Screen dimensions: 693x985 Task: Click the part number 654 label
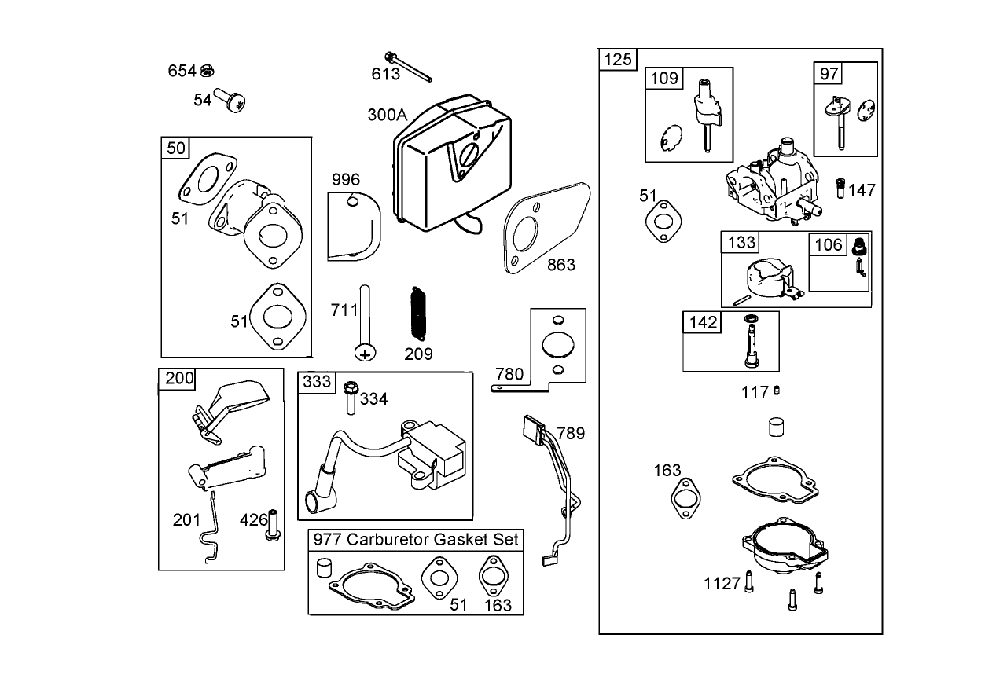pos(182,71)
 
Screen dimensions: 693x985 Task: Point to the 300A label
pos(387,115)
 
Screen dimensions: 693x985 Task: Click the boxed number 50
pos(176,148)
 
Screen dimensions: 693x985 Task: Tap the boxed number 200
pos(179,379)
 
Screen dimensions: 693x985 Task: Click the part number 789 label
pos(571,433)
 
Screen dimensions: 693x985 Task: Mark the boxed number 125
pos(618,59)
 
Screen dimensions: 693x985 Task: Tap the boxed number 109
pos(664,78)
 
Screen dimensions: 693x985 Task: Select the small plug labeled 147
pos(839,189)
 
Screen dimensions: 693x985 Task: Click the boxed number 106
pos(828,244)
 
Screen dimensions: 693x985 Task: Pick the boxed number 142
pos(703,322)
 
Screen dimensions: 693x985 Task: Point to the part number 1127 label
pos(722,584)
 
